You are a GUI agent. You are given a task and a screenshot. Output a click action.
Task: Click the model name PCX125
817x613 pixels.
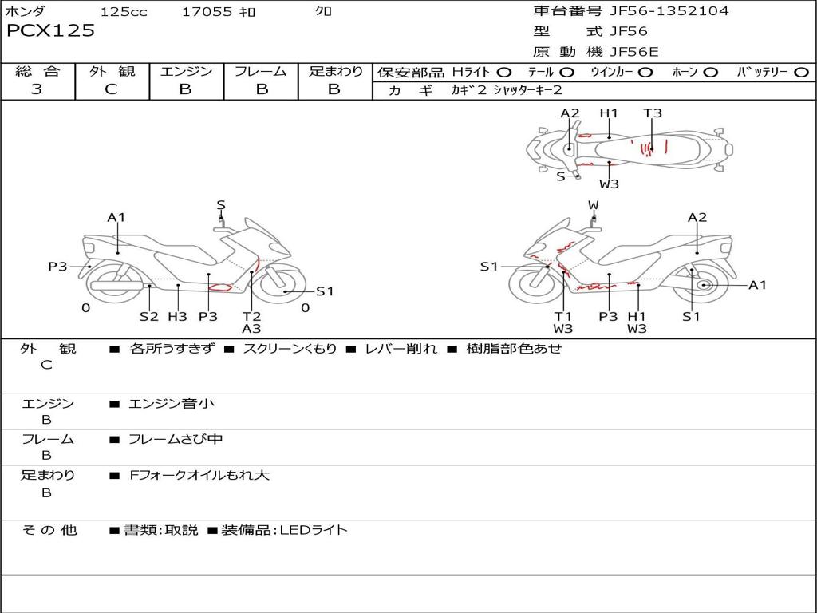click(x=50, y=30)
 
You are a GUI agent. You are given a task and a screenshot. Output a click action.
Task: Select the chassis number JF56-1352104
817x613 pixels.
click(x=669, y=10)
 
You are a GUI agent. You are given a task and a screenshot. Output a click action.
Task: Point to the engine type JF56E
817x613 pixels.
click(x=634, y=52)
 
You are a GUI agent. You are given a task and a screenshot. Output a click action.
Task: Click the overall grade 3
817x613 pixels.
click(x=37, y=89)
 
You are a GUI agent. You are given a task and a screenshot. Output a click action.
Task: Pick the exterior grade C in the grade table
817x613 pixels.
click(x=112, y=89)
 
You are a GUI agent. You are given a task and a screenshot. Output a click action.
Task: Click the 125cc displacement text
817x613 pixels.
click(x=124, y=11)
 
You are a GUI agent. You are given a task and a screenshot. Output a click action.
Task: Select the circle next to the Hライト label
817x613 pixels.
click(x=504, y=73)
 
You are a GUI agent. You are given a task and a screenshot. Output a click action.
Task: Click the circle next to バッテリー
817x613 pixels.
click(x=801, y=73)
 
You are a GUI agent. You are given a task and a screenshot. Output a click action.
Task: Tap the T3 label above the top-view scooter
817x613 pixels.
click(x=653, y=113)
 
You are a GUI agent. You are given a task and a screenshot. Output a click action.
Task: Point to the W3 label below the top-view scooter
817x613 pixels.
click(x=609, y=184)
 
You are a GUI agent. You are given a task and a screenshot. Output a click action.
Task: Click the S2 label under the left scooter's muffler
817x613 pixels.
click(x=148, y=316)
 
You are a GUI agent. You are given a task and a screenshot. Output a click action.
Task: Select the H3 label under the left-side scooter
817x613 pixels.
click(x=177, y=316)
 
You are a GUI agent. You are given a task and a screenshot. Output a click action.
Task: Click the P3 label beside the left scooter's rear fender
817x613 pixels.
click(x=57, y=267)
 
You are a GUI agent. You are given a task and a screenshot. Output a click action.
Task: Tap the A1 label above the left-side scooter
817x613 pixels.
click(x=116, y=217)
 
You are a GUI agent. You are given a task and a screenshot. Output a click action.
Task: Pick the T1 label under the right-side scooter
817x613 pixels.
click(x=562, y=316)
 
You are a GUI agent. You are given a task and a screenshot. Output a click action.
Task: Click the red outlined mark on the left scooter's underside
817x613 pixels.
click(x=220, y=287)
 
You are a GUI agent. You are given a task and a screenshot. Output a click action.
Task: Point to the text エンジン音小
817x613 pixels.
click(x=172, y=403)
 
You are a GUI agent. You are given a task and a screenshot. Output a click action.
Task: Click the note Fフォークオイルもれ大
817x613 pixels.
click(x=199, y=475)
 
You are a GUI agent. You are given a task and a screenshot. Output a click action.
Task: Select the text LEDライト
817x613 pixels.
click(x=313, y=530)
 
